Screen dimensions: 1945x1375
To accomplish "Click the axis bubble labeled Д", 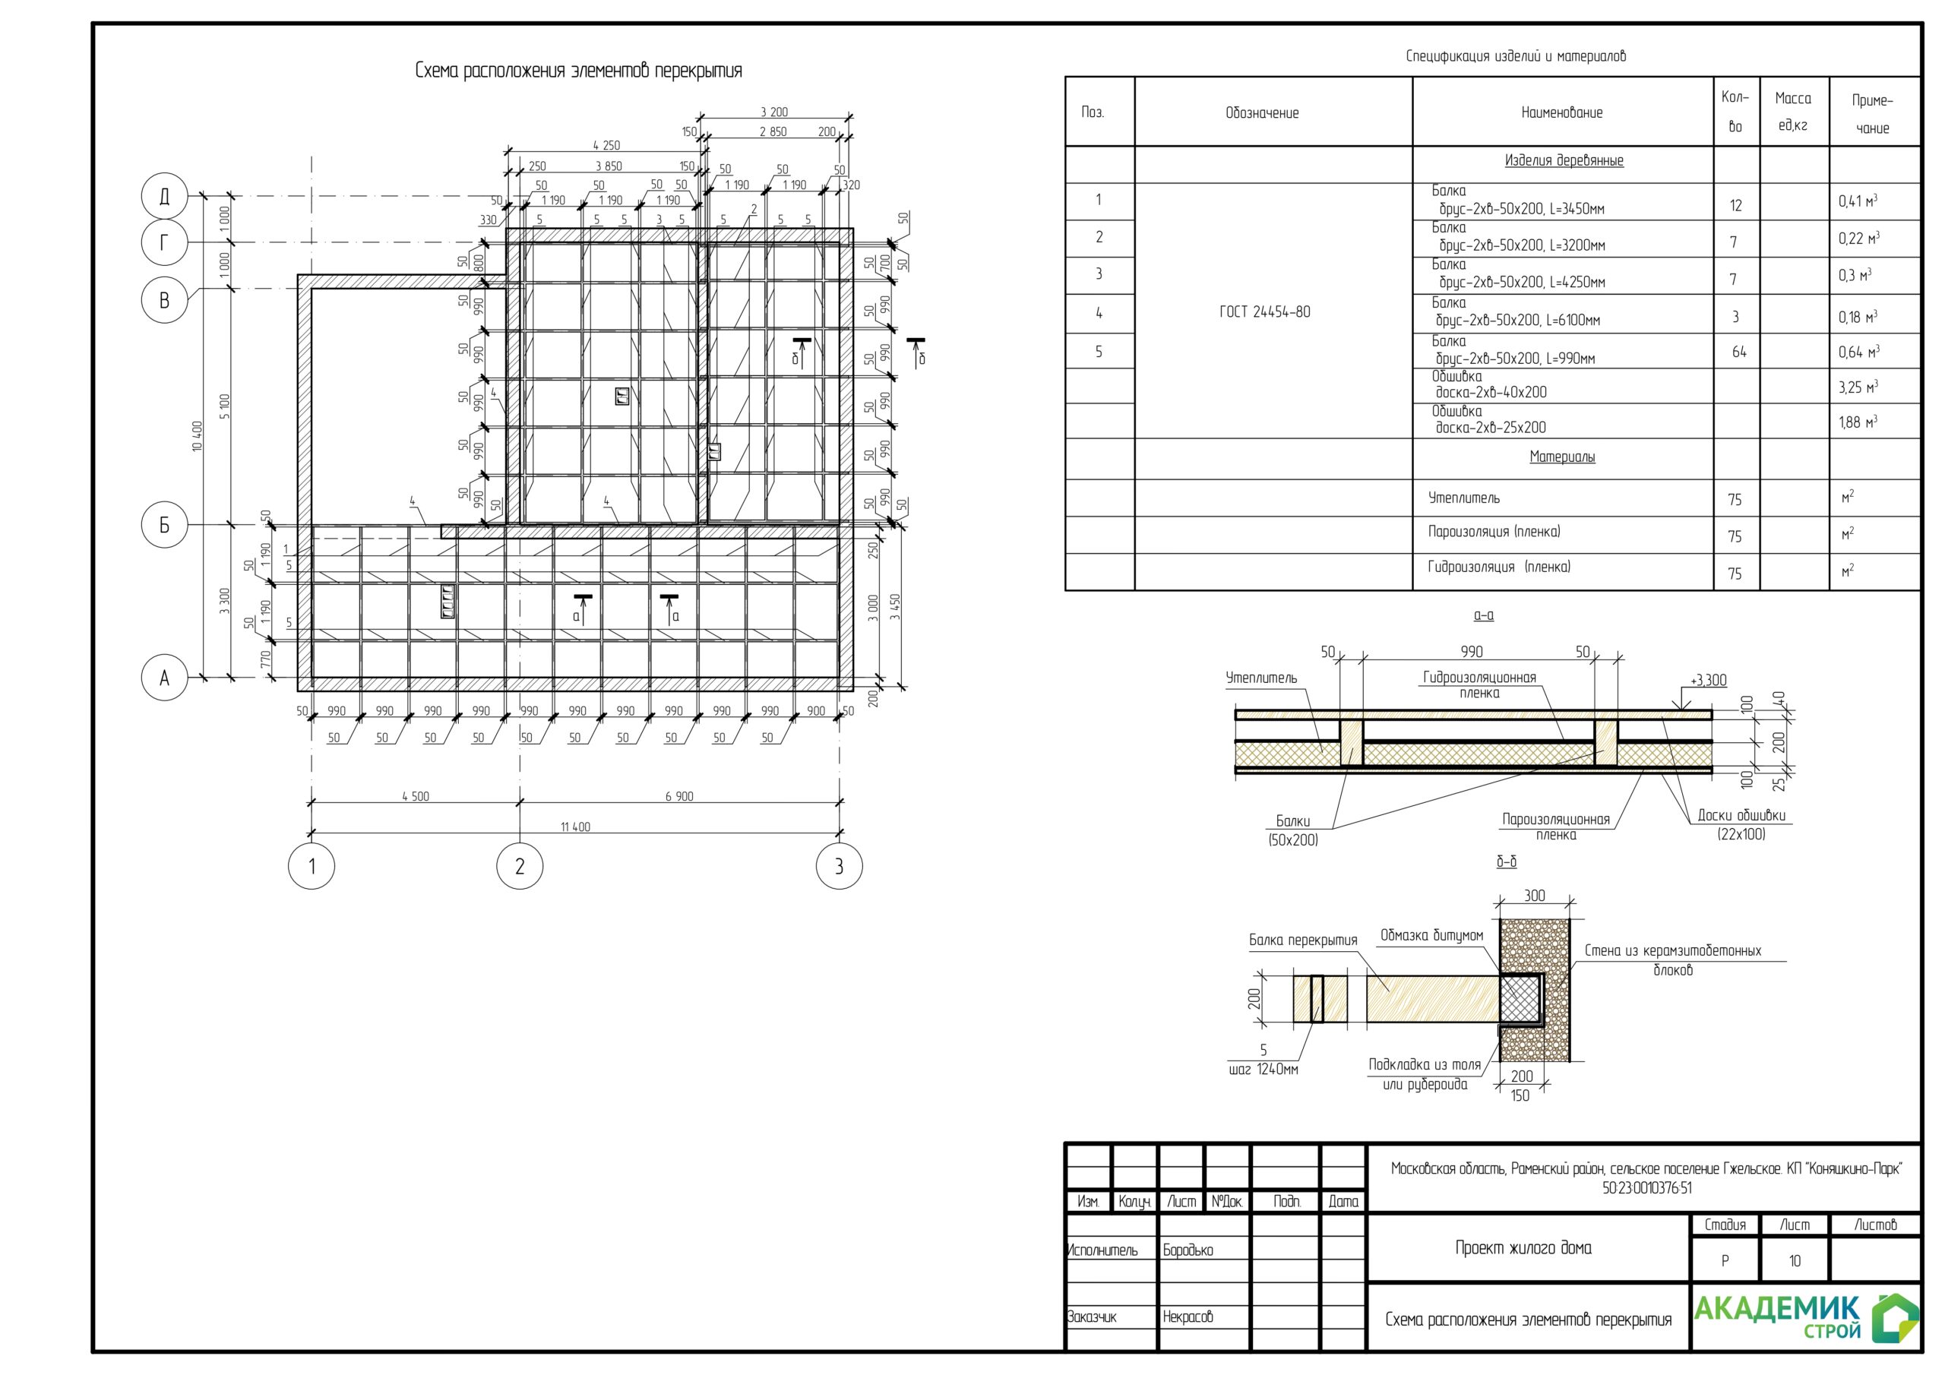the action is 164,197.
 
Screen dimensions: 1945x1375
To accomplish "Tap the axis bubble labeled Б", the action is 164,525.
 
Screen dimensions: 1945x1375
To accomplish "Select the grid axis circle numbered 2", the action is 519,866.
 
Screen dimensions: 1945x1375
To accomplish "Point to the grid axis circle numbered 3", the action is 839,866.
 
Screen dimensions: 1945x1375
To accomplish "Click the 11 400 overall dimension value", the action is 575,827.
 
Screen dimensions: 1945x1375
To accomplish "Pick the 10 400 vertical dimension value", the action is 198,436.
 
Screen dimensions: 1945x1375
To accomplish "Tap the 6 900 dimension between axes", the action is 678,796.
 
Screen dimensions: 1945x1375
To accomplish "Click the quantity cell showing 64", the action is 1739,352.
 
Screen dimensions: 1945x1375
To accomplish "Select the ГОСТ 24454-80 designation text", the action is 1265,311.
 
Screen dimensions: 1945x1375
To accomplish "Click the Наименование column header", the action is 1562,112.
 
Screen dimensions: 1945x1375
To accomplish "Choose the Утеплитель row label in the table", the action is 1464,498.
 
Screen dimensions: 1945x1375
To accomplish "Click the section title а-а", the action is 1483,615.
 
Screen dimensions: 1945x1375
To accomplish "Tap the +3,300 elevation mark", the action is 1708,681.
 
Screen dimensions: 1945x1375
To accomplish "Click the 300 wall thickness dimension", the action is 1534,896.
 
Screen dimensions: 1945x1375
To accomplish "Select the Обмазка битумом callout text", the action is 1431,935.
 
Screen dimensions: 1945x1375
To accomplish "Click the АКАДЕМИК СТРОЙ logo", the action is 1806,1318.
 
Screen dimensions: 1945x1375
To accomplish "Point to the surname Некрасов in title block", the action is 1188,1317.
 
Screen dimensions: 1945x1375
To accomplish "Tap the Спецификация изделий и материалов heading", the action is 1516,57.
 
